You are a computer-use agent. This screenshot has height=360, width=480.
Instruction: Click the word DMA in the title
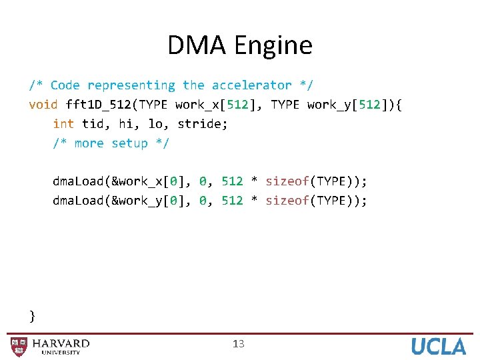pos(195,45)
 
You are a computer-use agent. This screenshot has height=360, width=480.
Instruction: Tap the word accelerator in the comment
pos(251,85)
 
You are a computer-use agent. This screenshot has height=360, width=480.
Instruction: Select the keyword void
pos(43,105)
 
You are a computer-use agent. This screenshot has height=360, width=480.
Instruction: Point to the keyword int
pos(63,124)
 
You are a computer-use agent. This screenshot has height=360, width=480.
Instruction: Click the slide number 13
pos(239,344)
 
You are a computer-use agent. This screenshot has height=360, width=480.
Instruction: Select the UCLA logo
pos(438,346)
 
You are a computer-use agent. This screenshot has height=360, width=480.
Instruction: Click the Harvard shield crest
pos(19,347)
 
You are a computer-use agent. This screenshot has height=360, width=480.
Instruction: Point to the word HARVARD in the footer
pos(61,343)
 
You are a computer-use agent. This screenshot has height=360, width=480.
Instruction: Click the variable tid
pos(92,124)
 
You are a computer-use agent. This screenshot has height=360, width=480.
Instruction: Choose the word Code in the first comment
pos(65,85)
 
